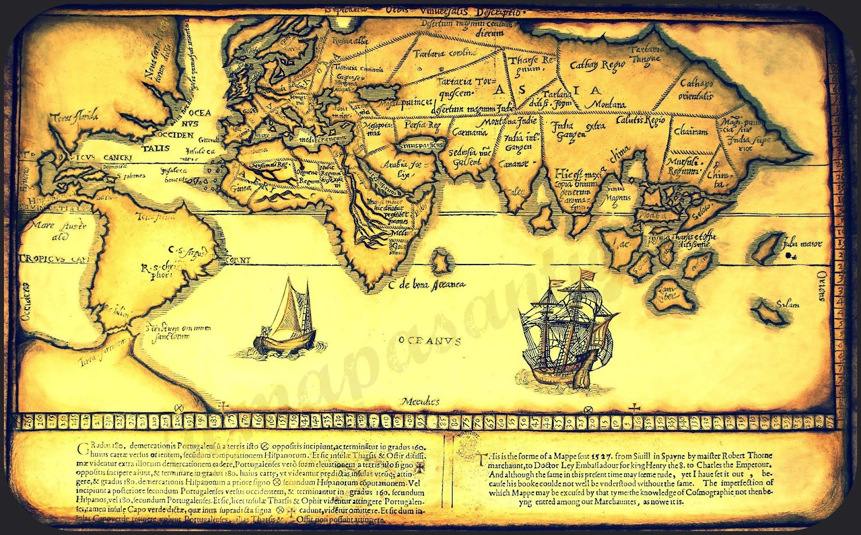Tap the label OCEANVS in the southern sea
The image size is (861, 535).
point(430,340)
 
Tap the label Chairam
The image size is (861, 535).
point(690,131)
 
